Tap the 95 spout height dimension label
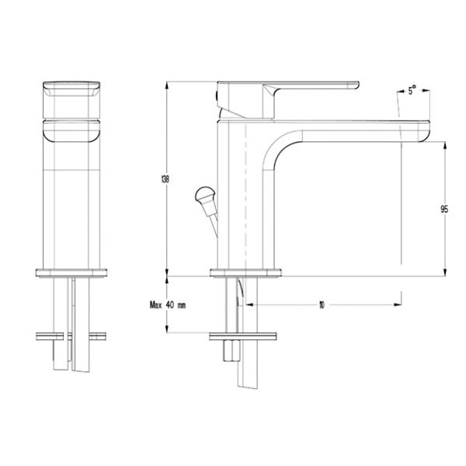tap(443, 209)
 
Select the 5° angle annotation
tap(412, 91)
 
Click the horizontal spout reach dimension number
tap(321, 305)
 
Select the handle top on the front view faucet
tap(71, 89)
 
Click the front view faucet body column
tap(71, 202)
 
